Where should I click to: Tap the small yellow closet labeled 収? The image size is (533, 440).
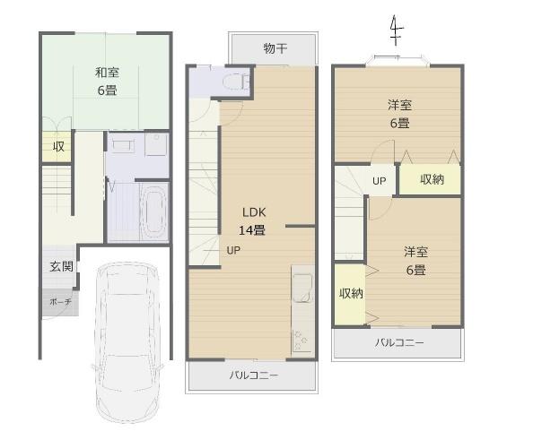57,147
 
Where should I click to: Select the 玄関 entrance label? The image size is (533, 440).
61,266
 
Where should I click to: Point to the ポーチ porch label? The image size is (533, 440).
60,303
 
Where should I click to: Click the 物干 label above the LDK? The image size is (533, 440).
275,47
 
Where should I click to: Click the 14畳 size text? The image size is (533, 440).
251,229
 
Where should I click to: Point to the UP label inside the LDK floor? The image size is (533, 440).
232,250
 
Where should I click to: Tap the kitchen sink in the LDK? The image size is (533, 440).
300,286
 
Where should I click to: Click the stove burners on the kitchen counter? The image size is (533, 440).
301,341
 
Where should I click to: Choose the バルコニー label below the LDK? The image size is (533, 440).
253,375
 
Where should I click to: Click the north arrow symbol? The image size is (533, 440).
396,32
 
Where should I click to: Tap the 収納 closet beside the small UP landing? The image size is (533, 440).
431,180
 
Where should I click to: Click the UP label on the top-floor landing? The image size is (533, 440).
380,180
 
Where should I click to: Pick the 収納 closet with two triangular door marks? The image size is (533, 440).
350,293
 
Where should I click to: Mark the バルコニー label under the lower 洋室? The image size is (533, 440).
399,343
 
